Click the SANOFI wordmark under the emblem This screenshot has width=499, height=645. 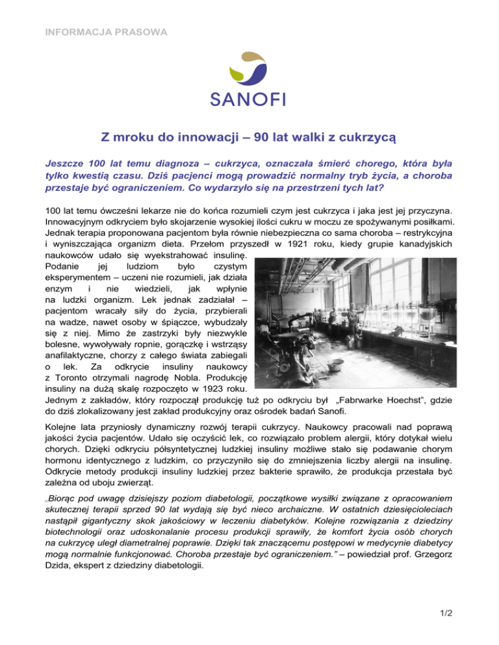[249, 99]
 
